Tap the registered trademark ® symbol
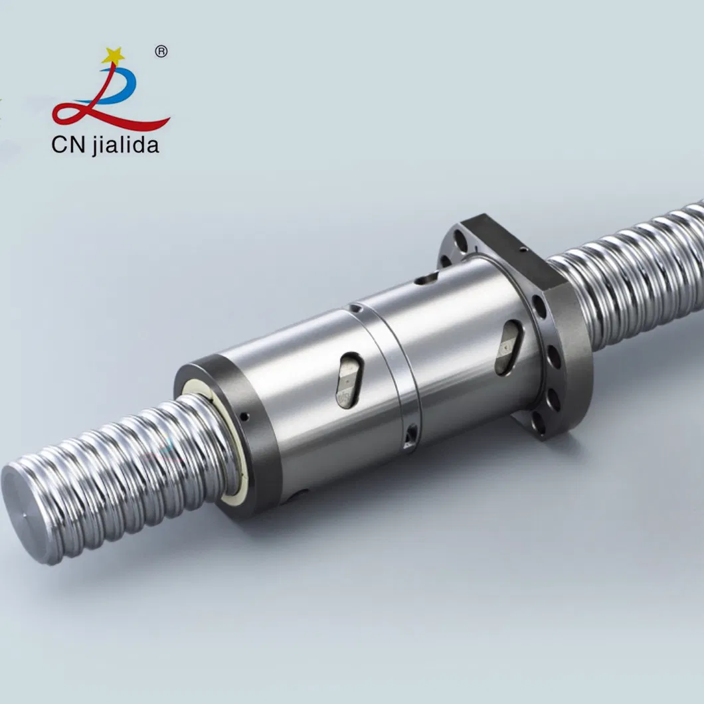pyautogui.click(x=161, y=51)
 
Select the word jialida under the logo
pyautogui.click(x=126, y=145)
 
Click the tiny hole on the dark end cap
pyautogui.click(x=244, y=417)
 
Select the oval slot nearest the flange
pyautogui.click(x=508, y=346)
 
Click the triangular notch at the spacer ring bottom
pyautogui.click(x=412, y=435)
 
